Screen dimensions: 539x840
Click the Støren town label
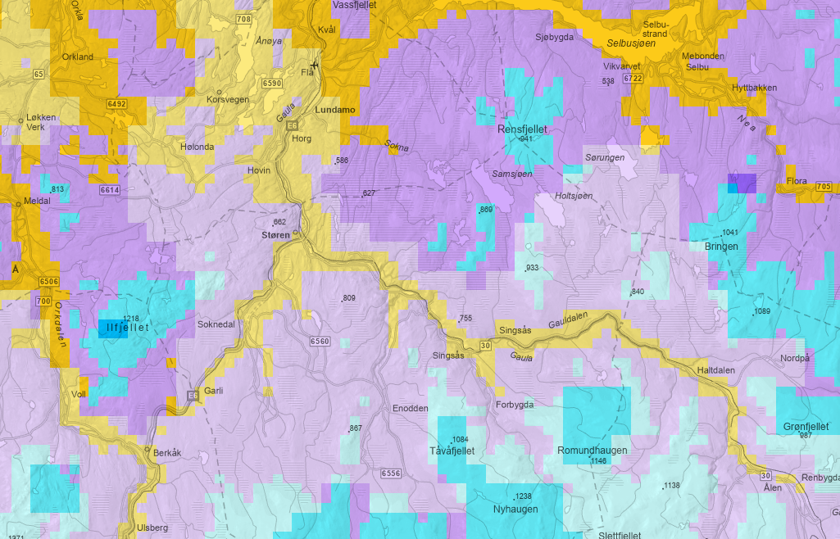pos(275,235)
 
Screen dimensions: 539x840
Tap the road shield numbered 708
pos(243,19)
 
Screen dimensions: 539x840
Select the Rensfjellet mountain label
pos(522,129)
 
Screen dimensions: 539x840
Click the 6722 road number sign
pos(632,79)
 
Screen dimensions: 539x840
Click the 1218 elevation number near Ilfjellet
pos(131,318)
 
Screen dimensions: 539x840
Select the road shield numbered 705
pos(824,188)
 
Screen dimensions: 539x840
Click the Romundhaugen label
pos(593,451)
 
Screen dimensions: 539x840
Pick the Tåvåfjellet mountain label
pos(452,451)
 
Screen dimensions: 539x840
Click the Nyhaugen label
pos(515,509)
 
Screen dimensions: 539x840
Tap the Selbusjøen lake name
pos(629,42)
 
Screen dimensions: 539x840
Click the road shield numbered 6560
pos(320,342)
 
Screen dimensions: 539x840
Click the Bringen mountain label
pos(721,246)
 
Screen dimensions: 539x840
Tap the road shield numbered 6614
pos(110,190)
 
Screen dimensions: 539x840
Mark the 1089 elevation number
pos(762,312)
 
